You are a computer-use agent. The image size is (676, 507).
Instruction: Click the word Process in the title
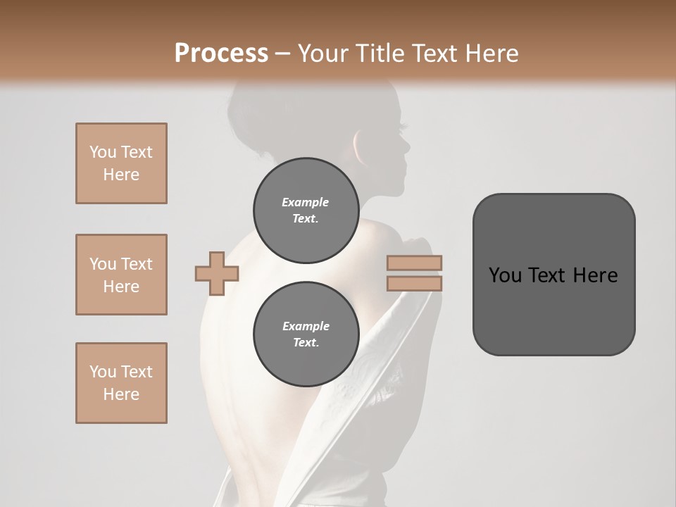pyautogui.click(x=221, y=53)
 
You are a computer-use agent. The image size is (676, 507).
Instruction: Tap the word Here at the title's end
pyautogui.click(x=490, y=53)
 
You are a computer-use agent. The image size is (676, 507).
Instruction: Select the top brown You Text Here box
pyautogui.click(x=121, y=163)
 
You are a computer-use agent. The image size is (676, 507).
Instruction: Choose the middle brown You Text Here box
pyautogui.click(x=121, y=275)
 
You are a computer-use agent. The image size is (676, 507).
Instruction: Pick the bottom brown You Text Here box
pyautogui.click(x=121, y=383)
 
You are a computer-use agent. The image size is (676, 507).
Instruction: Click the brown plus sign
pyautogui.click(x=217, y=274)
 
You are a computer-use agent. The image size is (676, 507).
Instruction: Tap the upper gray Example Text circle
pyautogui.click(x=305, y=210)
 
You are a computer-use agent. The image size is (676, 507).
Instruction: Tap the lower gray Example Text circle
pyautogui.click(x=305, y=334)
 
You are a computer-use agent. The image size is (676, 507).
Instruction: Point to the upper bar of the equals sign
pyautogui.click(x=415, y=263)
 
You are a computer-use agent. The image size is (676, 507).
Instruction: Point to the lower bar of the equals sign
pyautogui.click(x=415, y=283)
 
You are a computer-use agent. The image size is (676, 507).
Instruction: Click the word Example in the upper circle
pyautogui.click(x=305, y=202)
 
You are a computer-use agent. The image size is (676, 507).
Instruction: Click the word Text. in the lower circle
pyautogui.click(x=305, y=343)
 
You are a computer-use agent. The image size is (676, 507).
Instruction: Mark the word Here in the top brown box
pyautogui.click(x=121, y=175)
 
